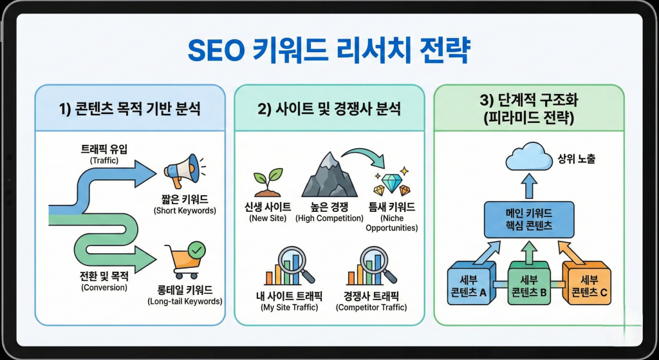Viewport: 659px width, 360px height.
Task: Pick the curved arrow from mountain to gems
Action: (364, 155)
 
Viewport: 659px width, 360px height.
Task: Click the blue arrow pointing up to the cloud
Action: (529, 187)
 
